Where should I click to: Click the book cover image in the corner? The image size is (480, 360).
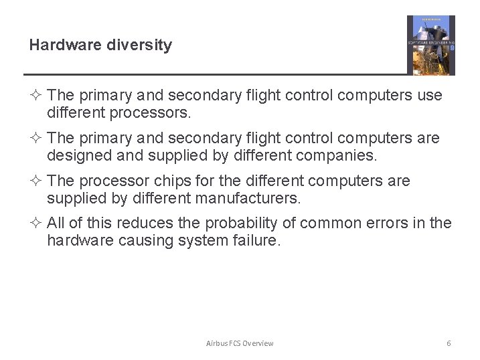430,45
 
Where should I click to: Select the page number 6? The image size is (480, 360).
449,343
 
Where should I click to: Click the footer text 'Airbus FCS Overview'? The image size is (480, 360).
240,343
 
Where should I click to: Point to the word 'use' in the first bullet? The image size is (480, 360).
430,96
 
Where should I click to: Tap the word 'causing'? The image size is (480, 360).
146,241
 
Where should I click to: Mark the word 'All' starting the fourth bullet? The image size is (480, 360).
56,223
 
